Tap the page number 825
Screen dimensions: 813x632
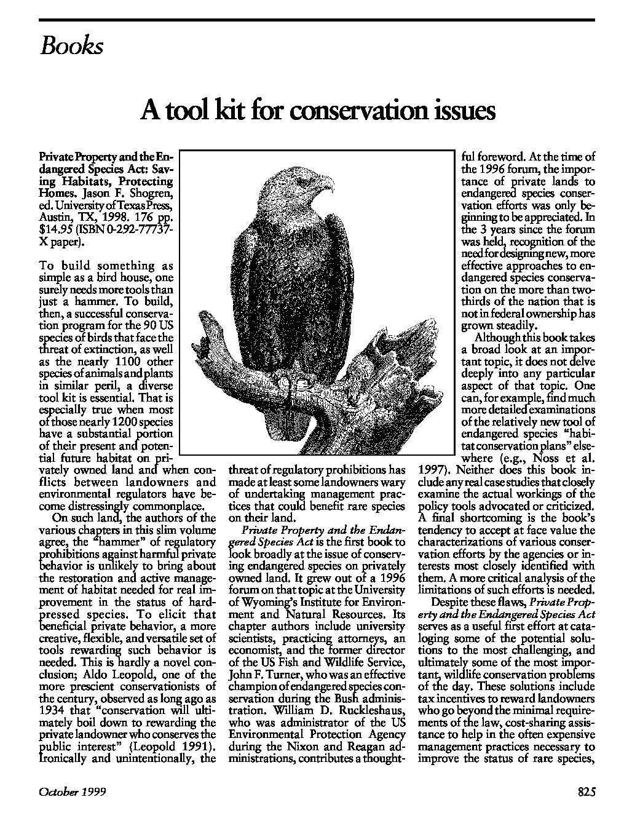click(587, 793)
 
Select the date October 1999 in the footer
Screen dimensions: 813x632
click(73, 793)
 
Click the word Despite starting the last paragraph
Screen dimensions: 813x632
click(454, 602)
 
